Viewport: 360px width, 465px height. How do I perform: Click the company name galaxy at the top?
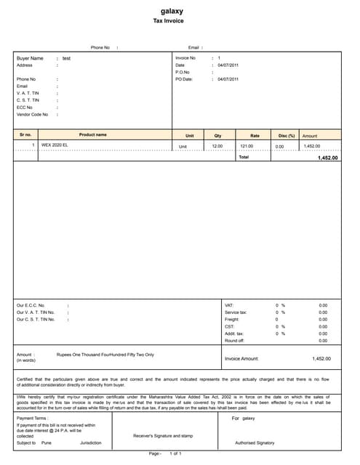coord(172,12)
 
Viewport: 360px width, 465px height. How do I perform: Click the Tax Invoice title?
coord(172,22)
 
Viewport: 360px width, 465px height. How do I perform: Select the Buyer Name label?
coord(30,58)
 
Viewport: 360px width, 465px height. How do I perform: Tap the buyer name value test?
coord(66,58)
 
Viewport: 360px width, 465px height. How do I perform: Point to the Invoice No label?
coord(185,57)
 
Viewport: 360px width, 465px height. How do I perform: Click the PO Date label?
coord(184,79)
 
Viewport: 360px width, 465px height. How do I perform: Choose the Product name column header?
coord(92,135)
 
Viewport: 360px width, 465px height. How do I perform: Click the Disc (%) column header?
coord(287,136)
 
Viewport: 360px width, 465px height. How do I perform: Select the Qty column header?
coord(217,136)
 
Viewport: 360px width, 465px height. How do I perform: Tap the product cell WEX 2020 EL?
coord(55,146)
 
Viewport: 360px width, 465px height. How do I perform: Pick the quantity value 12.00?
coord(217,147)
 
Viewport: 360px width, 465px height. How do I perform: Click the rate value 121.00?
coord(247,147)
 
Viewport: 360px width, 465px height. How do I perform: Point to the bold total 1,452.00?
coord(327,158)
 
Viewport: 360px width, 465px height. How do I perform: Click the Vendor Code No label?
coord(32,114)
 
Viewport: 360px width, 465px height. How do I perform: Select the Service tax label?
coord(236,312)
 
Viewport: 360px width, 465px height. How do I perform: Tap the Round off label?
coord(234,341)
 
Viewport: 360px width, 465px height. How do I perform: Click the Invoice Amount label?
coord(241,359)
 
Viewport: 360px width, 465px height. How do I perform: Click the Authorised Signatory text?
coord(255,442)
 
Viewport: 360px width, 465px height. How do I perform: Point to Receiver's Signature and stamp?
coord(162,436)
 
